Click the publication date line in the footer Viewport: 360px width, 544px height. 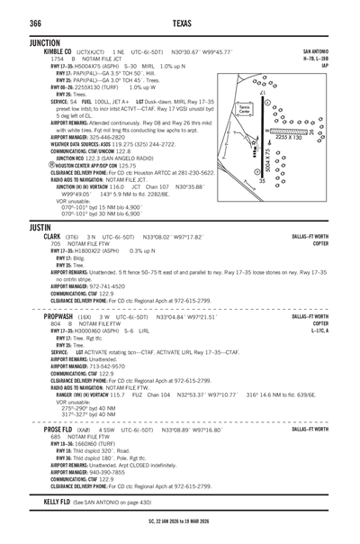point(180,519)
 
